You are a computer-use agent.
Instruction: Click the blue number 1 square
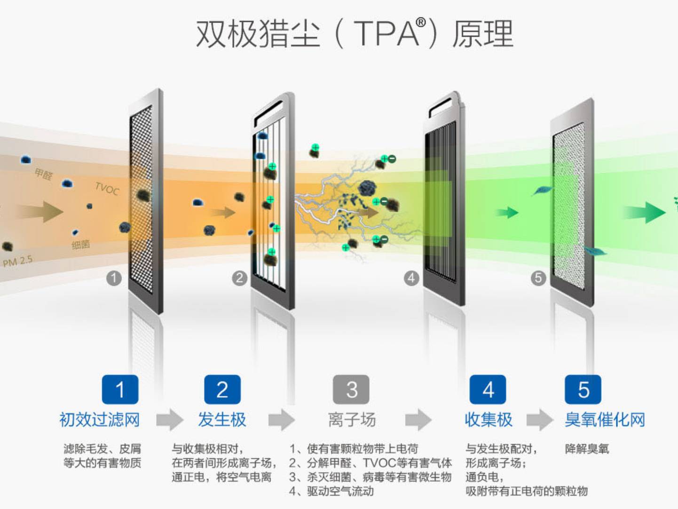click(120, 390)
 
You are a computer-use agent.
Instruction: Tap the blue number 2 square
click(222, 390)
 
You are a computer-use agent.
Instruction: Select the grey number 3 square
click(351, 390)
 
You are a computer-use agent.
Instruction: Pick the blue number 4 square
click(488, 390)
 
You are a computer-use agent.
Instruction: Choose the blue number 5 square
click(583, 390)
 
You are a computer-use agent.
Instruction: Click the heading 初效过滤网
click(100, 419)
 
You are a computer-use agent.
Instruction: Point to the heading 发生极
click(222, 419)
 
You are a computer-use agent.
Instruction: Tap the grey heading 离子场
click(352, 419)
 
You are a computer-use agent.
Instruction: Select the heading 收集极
click(488, 419)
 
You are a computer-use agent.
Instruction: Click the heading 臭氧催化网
click(605, 419)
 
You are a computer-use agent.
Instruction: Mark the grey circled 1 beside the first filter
click(113, 278)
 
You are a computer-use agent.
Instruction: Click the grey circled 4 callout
click(411, 278)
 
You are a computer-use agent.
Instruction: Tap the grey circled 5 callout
click(538, 278)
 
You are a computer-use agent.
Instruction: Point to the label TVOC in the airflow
click(107, 189)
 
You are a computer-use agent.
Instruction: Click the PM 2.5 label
click(18, 261)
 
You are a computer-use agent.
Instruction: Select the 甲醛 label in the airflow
click(44, 174)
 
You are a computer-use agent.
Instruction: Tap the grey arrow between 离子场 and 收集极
click(418, 420)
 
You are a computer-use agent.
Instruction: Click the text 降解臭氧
click(587, 449)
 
